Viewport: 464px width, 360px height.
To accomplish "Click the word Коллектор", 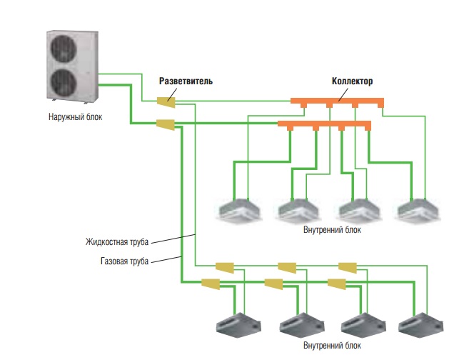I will (x=353, y=81).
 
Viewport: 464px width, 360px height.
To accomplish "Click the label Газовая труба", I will (x=124, y=261).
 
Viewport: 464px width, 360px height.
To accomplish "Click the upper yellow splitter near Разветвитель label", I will (x=166, y=101).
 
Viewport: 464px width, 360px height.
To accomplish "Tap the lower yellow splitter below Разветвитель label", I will (x=166, y=124).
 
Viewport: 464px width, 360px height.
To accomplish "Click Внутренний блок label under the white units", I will (x=332, y=230).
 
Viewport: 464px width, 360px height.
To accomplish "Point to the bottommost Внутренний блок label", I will (x=332, y=346).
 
